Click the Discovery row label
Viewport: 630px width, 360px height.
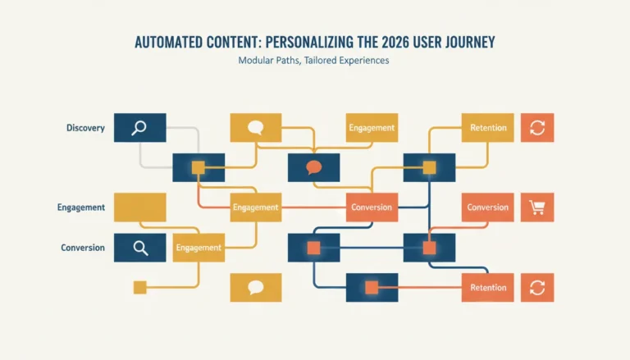pyautogui.click(x=85, y=128)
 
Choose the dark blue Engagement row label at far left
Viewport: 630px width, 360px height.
pyautogui.click(x=80, y=207)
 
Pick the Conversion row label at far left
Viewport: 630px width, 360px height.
pyautogui.click(x=83, y=248)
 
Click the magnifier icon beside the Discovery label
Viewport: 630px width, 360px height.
pyautogui.click(x=139, y=128)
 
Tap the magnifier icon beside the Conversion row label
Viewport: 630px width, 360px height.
pyautogui.click(x=140, y=248)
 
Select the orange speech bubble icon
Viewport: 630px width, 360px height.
pyautogui.click(x=314, y=167)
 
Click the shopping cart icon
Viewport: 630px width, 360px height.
pyautogui.click(x=537, y=207)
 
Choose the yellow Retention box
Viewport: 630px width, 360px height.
pyautogui.click(x=488, y=128)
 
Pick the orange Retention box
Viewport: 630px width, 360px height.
pyautogui.click(x=488, y=288)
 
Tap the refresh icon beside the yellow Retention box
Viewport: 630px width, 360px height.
pyautogui.click(x=537, y=128)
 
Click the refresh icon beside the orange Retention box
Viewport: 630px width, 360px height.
pyautogui.click(x=537, y=288)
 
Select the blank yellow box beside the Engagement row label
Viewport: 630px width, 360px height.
pyautogui.click(x=139, y=207)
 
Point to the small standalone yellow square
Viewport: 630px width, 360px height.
pyautogui.click(x=139, y=288)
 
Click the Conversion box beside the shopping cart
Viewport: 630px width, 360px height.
pyautogui.click(x=488, y=207)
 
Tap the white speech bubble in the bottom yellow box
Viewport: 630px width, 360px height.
pyautogui.click(x=256, y=287)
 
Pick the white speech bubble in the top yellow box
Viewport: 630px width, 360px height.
pyautogui.click(x=256, y=127)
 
